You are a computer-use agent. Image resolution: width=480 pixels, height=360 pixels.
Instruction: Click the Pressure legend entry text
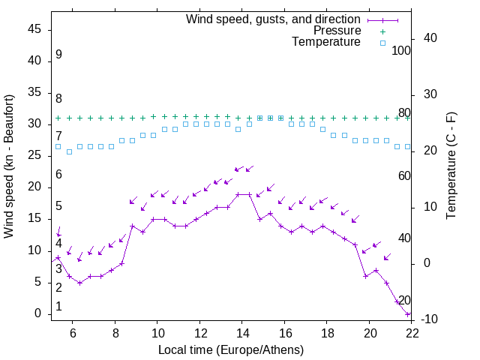[x=337, y=31]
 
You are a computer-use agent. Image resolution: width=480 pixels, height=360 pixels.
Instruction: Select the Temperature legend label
[x=326, y=42]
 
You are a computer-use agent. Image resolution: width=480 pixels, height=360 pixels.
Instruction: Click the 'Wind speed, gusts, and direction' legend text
[x=274, y=19]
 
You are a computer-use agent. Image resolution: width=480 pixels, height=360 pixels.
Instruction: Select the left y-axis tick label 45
[x=34, y=29]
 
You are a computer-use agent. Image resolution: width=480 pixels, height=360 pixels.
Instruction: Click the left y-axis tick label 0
[x=38, y=314]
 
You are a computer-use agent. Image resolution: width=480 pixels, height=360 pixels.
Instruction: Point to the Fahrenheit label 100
[x=402, y=51]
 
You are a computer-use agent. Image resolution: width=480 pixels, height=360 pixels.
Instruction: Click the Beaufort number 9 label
[x=58, y=55]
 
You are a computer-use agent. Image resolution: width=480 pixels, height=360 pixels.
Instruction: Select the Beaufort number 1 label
[x=58, y=307]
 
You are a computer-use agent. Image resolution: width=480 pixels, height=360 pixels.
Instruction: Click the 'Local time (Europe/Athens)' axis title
[x=231, y=349]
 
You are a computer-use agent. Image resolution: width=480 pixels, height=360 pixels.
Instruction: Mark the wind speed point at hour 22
[x=408, y=314]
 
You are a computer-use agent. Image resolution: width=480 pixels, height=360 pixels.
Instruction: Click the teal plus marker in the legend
[x=382, y=31]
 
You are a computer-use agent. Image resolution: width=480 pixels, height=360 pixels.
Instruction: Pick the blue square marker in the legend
[x=382, y=43]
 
